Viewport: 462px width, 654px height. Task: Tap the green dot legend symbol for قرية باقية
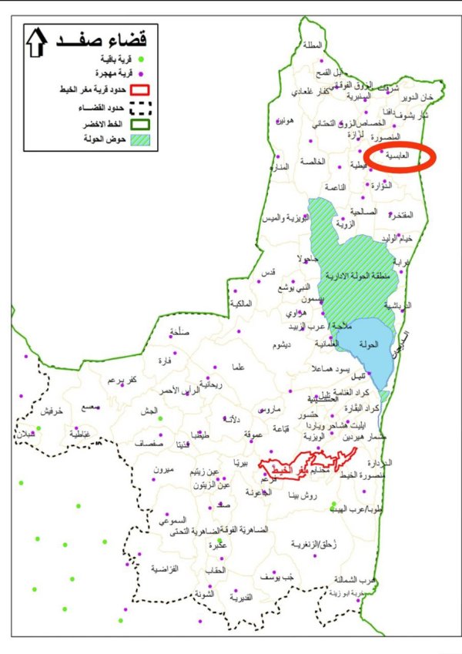(139, 59)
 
